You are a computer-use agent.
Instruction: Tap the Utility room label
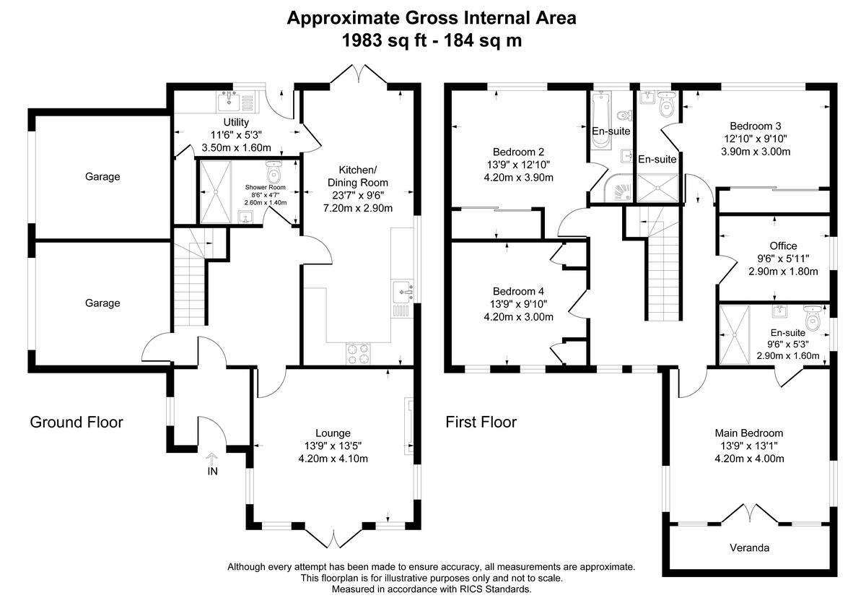coord(236,122)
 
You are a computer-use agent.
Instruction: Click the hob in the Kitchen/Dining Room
coord(357,353)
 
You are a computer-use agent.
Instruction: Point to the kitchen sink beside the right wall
coord(402,291)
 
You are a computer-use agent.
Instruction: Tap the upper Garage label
coord(102,176)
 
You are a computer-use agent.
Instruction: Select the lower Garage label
coord(102,303)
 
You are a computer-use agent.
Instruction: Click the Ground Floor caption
coord(76,422)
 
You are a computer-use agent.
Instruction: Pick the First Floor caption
coord(481,422)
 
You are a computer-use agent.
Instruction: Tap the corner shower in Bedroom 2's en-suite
coord(619,189)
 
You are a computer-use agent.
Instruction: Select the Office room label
coord(783,246)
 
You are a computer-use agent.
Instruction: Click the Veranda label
coord(748,547)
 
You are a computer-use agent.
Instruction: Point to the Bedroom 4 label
coord(518,291)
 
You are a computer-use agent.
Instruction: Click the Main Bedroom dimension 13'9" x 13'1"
coord(749,446)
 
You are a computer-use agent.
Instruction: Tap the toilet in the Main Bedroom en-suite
coord(813,318)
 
